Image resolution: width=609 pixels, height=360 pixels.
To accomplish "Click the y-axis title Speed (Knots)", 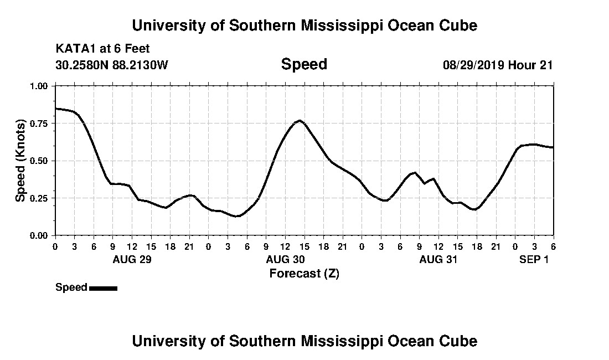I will click(x=20, y=161).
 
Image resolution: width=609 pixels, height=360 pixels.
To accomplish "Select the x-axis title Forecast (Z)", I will click(x=304, y=273).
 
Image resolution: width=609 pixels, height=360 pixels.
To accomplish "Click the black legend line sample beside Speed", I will click(x=103, y=288).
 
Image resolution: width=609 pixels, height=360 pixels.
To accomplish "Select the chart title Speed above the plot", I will click(x=304, y=64).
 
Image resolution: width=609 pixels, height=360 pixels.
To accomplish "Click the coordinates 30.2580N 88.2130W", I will click(x=111, y=65).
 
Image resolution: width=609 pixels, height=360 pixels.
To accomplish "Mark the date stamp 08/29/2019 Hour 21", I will click(x=498, y=65).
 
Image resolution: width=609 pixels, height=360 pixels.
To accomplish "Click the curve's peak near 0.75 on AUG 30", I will click(x=300, y=120).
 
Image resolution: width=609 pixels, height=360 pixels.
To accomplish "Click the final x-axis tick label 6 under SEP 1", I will click(x=553, y=246).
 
